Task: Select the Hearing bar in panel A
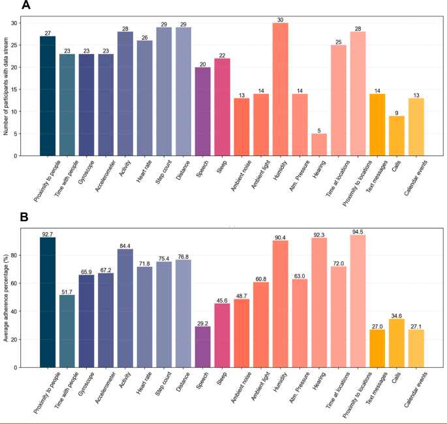(x=319, y=145)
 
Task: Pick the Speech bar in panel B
(x=203, y=346)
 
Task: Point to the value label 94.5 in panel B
(x=358, y=231)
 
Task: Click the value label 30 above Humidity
(x=281, y=19)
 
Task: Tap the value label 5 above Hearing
(x=319, y=130)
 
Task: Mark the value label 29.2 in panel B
(x=203, y=322)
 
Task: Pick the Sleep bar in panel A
(x=222, y=107)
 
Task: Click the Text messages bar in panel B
(x=377, y=348)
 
